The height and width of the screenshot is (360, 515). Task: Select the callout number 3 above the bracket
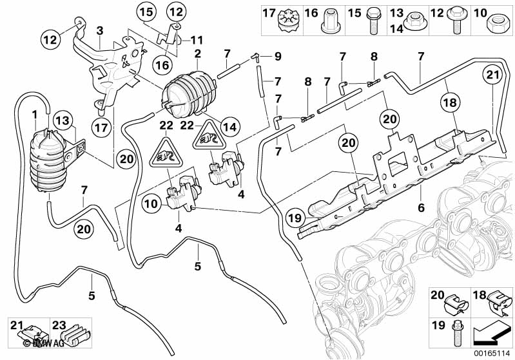(99, 30)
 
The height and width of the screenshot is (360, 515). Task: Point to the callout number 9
(278, 57)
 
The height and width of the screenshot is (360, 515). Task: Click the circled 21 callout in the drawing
(493, 76)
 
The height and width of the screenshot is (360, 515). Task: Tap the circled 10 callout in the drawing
(151, 204)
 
